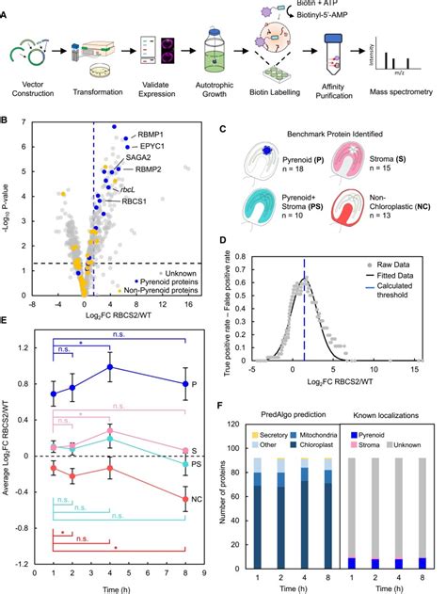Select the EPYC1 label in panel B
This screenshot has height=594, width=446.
tap(143, 147)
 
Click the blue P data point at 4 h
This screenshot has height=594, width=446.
tap(111, 367)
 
